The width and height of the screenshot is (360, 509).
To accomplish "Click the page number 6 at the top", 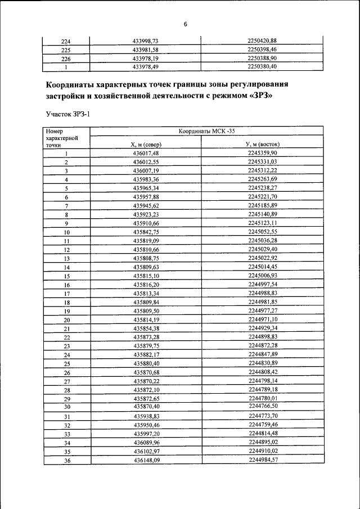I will [184, 24].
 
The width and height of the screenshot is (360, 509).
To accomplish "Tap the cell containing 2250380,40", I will [262, 66].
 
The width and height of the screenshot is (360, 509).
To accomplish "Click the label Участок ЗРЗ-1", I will [67, 114].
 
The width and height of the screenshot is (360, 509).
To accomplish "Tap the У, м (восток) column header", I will [263, 145].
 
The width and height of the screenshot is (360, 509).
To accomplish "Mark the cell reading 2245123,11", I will [263, 223].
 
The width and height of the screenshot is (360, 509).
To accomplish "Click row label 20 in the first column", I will [66, 319].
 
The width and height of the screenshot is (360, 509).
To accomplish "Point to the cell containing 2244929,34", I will [263, 328].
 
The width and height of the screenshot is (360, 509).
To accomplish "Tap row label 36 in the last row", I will [66, 460].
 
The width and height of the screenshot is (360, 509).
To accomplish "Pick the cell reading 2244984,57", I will [263, 460].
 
